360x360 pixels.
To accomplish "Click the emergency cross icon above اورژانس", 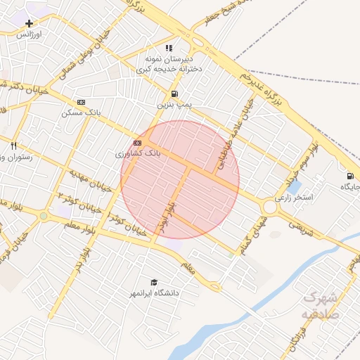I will (28, 23).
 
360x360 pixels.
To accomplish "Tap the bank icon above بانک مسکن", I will (81, 102).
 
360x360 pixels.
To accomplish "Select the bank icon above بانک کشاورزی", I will (136, 143).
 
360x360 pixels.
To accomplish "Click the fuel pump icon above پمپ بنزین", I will (174, 94).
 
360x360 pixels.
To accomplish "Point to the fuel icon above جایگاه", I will (349, 176).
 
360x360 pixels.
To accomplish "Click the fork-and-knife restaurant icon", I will (14, 146).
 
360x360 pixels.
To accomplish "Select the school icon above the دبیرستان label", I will (148, 47).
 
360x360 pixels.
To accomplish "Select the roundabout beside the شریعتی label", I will (269, 207).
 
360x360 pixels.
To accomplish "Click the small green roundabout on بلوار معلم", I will (44, 216).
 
